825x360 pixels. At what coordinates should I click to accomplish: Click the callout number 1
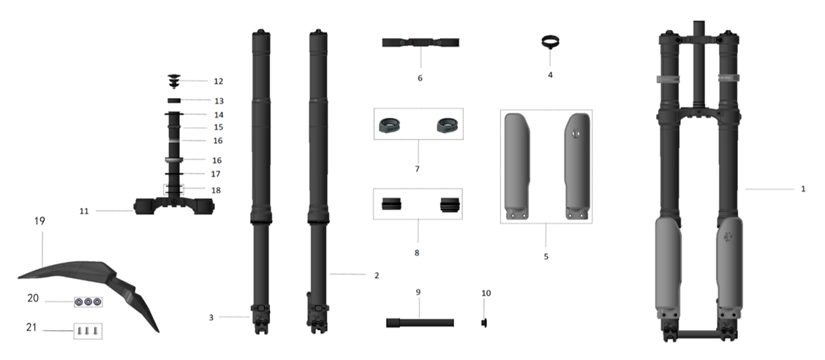point(803,189)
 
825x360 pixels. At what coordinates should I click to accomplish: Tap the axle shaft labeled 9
point(420,322)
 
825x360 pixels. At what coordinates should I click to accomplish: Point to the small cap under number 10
point(483,321)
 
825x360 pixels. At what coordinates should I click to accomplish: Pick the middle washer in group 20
point(88,301)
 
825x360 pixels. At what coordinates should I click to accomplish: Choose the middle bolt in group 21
point(87,331)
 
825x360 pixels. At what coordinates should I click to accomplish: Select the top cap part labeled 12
point(175,79)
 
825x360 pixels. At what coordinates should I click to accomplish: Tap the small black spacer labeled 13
point(175,100)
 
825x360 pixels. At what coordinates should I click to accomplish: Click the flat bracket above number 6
point(421,42)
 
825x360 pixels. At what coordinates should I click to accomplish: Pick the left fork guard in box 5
point(521,167)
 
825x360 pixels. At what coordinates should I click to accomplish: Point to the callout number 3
point(211,318)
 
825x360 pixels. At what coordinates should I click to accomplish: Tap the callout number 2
point(377,275)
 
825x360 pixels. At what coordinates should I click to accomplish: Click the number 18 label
point(216,190)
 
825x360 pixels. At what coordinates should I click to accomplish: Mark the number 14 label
point(218,115)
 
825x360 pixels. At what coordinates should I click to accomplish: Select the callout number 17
point(216,174)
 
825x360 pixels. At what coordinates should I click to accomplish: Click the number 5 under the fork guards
point(546,257)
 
